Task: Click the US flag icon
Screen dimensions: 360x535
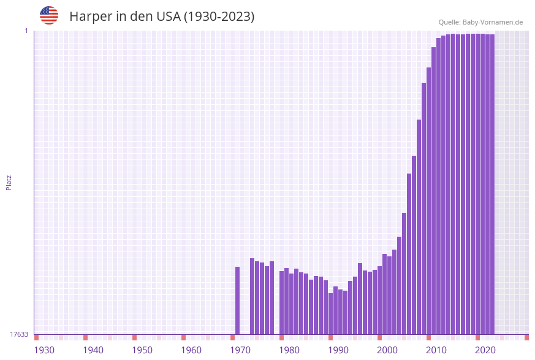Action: (49, 15)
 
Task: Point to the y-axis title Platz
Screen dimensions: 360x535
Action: (9, 183)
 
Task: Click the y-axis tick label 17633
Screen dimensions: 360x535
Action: (19, 334)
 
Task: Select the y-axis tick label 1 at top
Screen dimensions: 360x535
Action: (26, 31)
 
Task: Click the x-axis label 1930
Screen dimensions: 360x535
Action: (44, 350)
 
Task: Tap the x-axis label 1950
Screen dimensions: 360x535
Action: (142, 350)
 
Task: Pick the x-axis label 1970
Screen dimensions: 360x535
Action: (240, 350)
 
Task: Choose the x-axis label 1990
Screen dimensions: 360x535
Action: (338, 350)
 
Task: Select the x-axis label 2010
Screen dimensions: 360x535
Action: (436, 350)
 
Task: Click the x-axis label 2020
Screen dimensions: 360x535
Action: (485, 350)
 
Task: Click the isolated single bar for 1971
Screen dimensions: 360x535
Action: (238, 301)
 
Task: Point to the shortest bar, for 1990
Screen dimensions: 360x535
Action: (331, 313)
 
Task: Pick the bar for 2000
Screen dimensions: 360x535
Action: (380, 300)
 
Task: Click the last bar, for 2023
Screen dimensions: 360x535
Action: (492, 184)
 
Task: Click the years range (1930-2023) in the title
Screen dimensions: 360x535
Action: (219, 17)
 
